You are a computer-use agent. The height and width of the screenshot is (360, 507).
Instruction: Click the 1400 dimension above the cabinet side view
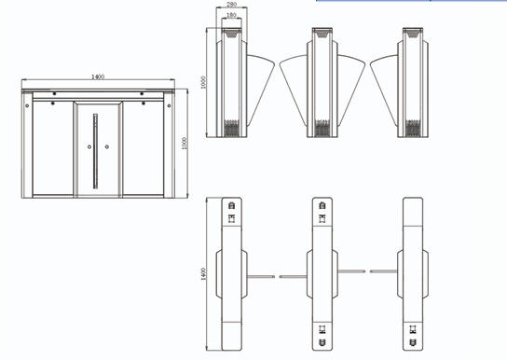(x=98, y=77)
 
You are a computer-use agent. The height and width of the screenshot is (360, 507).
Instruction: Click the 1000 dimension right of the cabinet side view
(x=185, y=144)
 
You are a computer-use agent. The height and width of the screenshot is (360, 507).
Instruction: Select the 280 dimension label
(x=231, y=5)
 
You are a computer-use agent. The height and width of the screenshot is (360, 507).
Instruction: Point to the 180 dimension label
(x=231, y=15)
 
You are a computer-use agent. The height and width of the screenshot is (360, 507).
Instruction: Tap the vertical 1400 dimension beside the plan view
(x=203, y=274)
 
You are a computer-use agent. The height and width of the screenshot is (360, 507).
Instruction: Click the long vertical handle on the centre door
(x=95, y=151)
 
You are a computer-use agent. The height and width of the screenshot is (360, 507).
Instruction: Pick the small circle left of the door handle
(x=89, y=146)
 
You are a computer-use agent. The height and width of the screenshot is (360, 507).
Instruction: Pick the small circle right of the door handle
(x=106, y=146)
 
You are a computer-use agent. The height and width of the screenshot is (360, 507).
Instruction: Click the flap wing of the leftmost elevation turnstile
(x=260, y=88)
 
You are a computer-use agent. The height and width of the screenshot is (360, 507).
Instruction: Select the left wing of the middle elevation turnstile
(x=294, y=88)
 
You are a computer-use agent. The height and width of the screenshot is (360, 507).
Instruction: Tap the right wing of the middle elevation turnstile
(x=351, y=88)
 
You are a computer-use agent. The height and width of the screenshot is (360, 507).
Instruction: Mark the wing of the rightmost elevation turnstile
(x=384, y=88)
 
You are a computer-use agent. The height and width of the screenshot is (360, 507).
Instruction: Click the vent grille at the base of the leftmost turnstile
(x=231, y=128)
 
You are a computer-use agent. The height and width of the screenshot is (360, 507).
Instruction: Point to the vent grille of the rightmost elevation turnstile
(x=413, y=128)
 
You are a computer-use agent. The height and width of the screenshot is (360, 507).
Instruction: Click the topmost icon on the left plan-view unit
(x=231, y=205)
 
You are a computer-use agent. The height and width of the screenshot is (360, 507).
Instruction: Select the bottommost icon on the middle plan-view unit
(x=322, y=342)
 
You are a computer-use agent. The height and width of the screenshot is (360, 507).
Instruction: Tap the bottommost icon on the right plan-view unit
(x=413, y=342)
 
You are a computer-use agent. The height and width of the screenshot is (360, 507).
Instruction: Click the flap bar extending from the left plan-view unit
(x=261, y=277)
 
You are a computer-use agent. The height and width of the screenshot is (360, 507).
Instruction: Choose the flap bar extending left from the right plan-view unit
(x=383, y=271)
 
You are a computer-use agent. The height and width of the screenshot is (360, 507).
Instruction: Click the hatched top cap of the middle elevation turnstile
(x=322, y=33)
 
